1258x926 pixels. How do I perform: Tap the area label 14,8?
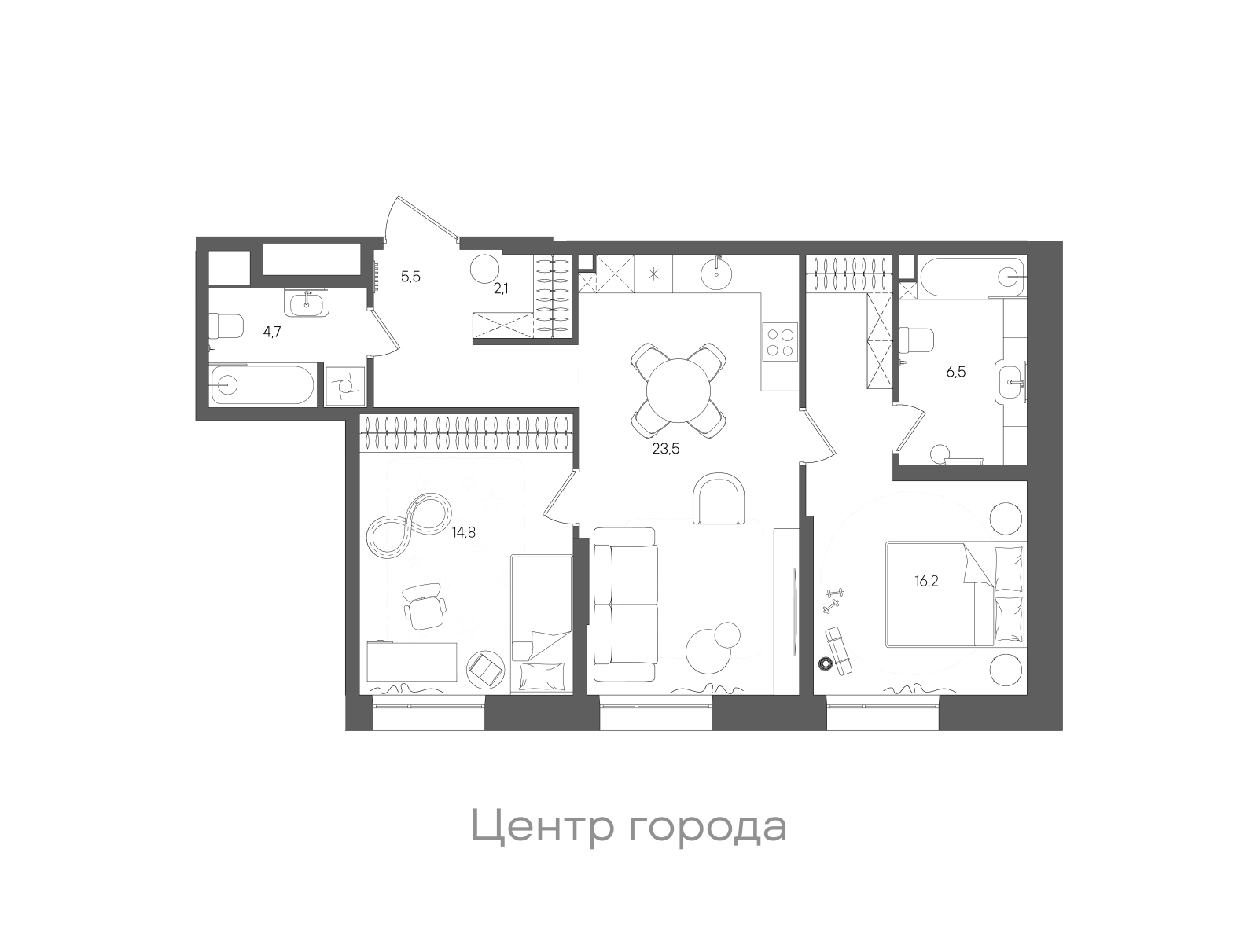click(x=463, y=532)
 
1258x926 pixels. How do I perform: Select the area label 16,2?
click(x=927, y=582)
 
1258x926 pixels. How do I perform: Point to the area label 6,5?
click(x=956, y=372)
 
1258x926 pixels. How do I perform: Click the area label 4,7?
click(x=272, y=332)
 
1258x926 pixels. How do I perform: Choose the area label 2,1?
click(x=501, y=288)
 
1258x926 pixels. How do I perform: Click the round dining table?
click(x=679, y=391)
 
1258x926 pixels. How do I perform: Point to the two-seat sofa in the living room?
click(x=624, y=604)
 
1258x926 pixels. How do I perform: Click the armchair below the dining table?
click(x=718, y=498)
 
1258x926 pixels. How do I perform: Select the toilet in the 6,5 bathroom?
click(x=916, y=340)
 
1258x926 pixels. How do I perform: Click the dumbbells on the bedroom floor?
click(x=831, y=600)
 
